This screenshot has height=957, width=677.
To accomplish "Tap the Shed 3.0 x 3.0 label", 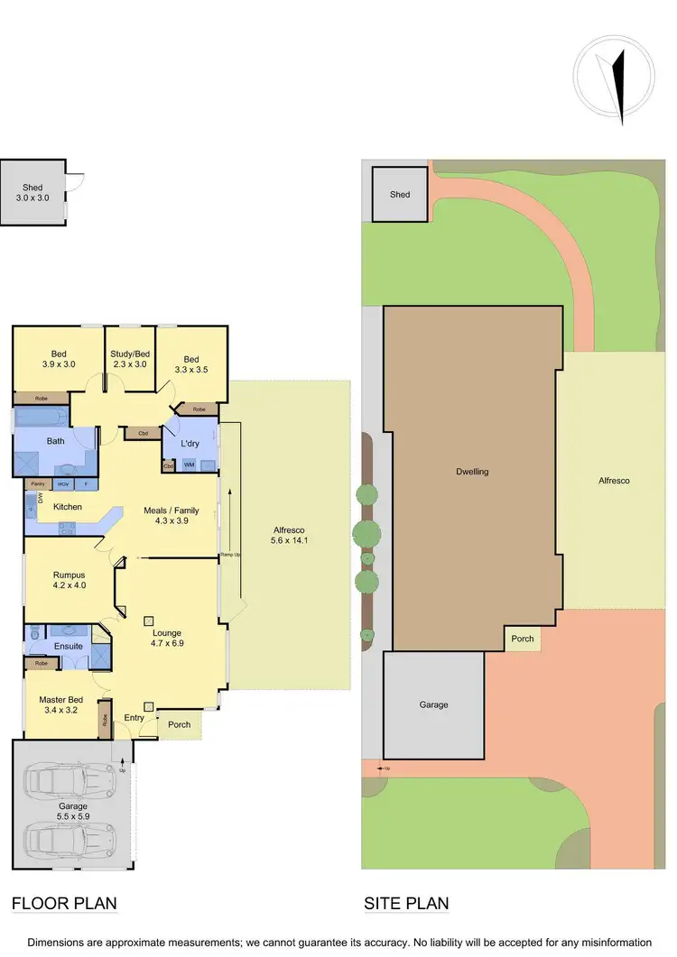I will click(x=33, y=192).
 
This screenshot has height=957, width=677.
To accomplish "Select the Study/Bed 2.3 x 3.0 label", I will click(x=128, y=359).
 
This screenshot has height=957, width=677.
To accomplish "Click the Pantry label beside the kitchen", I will click(x=37, y=484).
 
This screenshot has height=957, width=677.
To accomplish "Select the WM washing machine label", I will click(x=189, y=465).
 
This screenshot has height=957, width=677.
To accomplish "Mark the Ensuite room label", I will click(x=69, y=646).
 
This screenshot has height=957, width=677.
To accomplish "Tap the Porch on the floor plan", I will click(x=179, y=723).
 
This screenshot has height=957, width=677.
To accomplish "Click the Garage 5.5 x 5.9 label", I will click(x=73, y=811).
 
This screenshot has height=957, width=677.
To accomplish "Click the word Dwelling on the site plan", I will click(x=472, y=472).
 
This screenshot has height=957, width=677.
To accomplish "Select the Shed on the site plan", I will click(x=400, y=194).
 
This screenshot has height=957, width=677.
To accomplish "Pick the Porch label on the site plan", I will click(x=523, y=639).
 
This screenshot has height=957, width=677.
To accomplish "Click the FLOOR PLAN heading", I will click(x=64, y=903).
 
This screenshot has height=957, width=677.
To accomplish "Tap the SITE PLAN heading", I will click(x=406, y=903).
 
